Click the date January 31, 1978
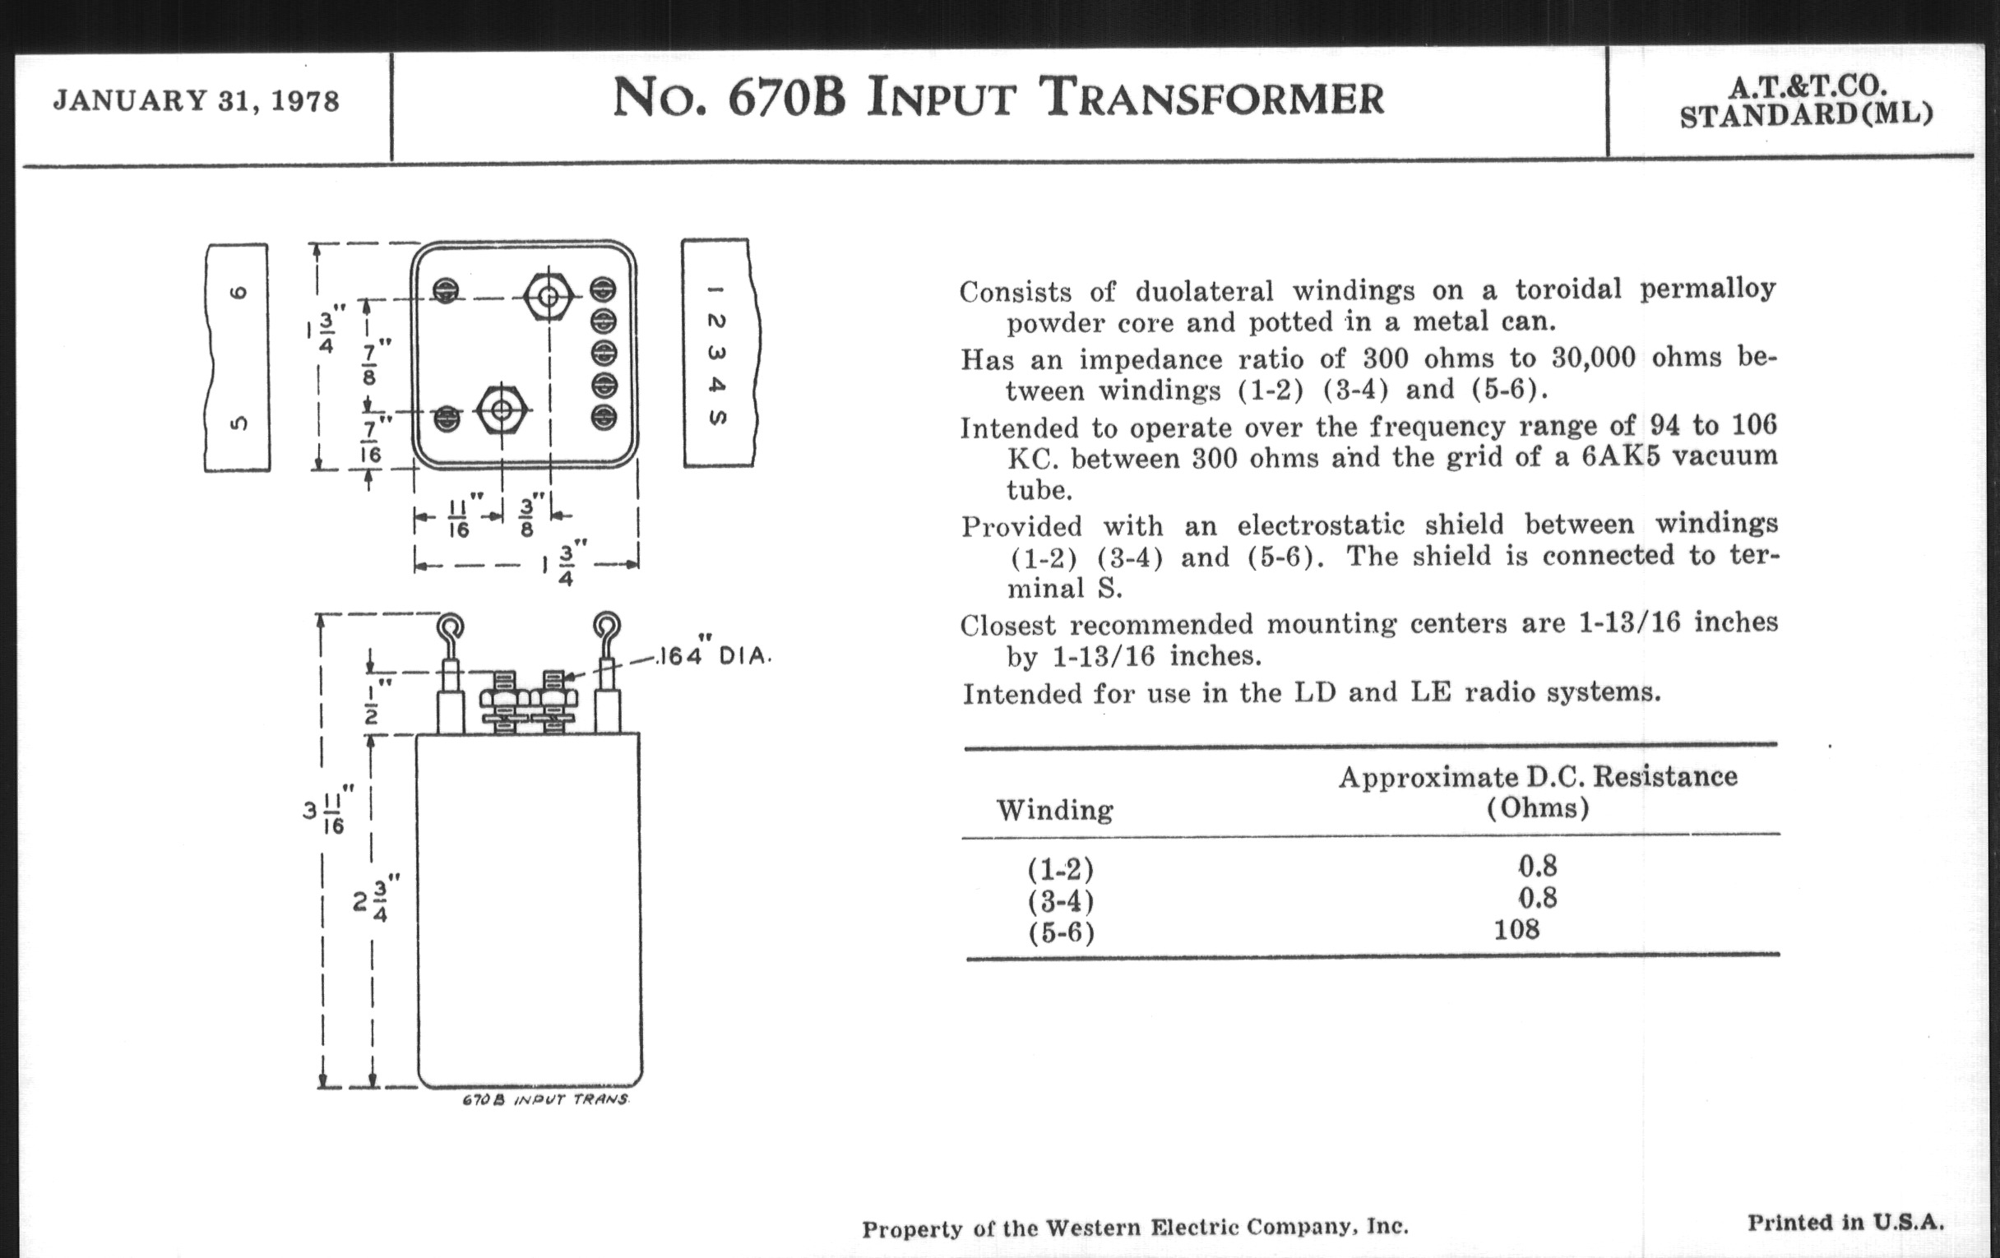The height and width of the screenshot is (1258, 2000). pyautogui.click(x=197, y=101)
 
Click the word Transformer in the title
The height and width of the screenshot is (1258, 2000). pyautogui.click(x=1212, y=99)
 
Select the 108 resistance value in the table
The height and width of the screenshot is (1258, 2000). pyautogui.click(x=1516, y=929)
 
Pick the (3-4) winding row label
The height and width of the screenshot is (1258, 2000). pyautogui.click(x=1061, y=901)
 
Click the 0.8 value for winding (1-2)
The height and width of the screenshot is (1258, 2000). pyautogui.click(x=1536, y=867)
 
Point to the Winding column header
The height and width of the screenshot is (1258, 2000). pyautogui.click(x=1054, y=810)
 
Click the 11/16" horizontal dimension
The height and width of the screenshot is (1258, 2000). pyautogui.click(x=459, y=517)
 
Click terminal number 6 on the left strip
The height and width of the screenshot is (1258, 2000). pyautogui.click(x=238, y=292)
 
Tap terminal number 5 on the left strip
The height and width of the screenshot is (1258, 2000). pyautogui.click(x=238, y=423)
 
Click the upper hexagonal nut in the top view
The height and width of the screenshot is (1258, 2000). pyautogui.click(x=548, y=295)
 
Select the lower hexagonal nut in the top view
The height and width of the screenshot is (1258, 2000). pyautogui.click(x=501, y=409)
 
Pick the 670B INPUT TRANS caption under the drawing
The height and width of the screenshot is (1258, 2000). pyautogui.click(x=545, y=1100)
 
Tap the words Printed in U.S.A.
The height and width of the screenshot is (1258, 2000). pyautogui.click(x=1845, y=1223)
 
